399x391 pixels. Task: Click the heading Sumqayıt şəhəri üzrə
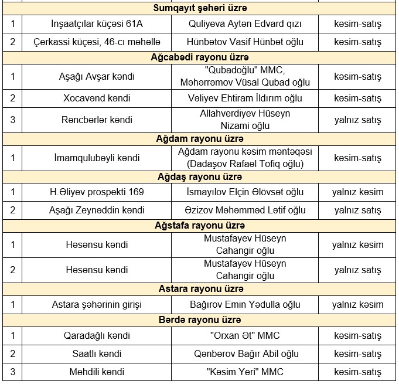(x=200, y=9)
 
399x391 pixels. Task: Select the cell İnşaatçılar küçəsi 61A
(x=97, y=24)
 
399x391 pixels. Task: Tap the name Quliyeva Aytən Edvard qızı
(x=245, y=24)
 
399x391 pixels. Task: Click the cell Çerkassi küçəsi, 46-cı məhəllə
(x=97, y=42)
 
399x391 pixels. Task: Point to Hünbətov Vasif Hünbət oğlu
(x=245, y=42)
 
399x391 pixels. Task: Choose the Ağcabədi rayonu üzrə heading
(x=200, y=57)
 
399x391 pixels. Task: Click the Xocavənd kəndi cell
(x=97, y=98)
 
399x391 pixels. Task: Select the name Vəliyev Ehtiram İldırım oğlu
(x=245, y=98)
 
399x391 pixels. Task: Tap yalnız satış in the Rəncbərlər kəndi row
(x=357, y=120)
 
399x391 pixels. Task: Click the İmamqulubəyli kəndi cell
(x=97, y=158)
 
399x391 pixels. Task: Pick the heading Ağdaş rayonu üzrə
(x=200, y=176)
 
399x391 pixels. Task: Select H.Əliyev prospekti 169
(x=97, y=192)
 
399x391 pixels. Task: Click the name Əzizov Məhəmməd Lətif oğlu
(x=245, y=210)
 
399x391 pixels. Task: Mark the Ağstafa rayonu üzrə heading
(x=200, y=225)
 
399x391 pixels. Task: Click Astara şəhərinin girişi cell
(x=97, y=304)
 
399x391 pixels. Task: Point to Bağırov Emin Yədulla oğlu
(x=245, y=304)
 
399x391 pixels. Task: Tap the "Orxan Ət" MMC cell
(x=245, y=335)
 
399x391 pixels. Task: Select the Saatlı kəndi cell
(x=97, y=353)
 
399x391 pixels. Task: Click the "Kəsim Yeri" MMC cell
(x=245, y=372)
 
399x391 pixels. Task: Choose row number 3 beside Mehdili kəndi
(x=12, y=372)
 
